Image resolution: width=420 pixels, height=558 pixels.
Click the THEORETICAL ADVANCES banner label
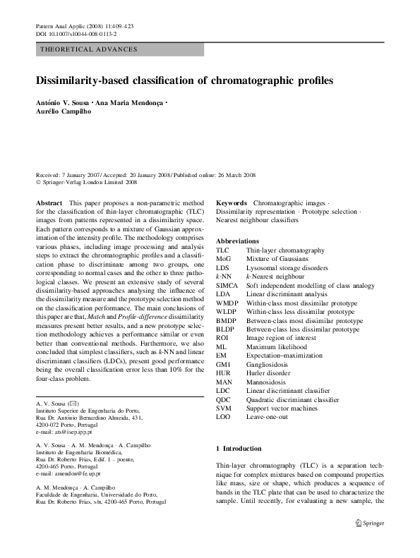point(90,49)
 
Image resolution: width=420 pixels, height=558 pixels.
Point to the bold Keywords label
point(231,202)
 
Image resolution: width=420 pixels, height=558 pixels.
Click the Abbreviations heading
point(237,241)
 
